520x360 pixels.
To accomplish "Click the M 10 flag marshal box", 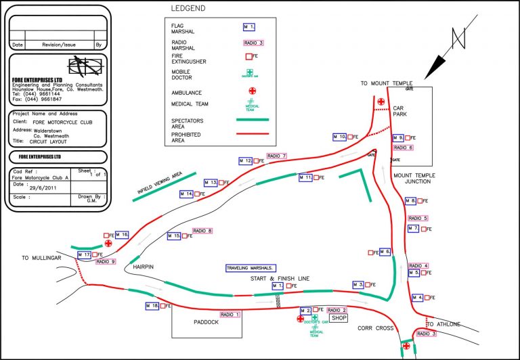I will click(340, 137).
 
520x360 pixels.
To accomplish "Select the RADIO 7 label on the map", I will click(277, 156).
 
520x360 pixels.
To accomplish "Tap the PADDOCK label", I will click(204, 322).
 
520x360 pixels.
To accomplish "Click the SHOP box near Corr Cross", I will click(339, 317).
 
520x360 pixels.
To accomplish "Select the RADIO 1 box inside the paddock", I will click(230, 314).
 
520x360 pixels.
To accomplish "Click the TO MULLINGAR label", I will click(41, 258).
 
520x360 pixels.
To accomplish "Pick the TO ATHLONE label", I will click(443, 324).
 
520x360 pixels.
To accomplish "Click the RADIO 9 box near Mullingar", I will click(106, 261).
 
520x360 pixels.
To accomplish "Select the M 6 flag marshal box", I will click(385, 252).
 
